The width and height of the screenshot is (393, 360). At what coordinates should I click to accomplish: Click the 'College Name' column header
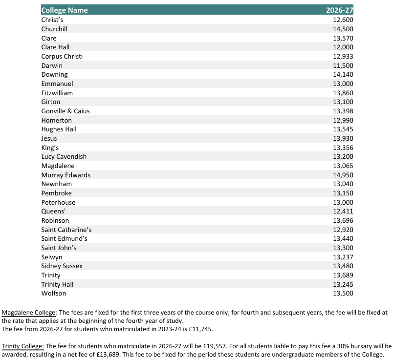click(65, 10)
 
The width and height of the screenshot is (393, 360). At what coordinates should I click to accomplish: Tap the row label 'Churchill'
click(54, 29)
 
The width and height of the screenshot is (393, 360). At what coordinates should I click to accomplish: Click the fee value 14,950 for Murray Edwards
click(343, 175)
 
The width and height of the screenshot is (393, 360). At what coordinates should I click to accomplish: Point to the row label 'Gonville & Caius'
click(65, 111)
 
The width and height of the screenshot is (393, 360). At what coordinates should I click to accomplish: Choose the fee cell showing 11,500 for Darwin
click(343, 65)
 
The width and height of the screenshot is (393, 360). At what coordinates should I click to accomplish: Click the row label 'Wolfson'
click(54, 293)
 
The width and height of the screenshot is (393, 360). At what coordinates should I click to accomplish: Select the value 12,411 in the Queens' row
click(343, 211)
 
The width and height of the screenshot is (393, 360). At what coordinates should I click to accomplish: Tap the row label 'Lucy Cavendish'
click(64, 156)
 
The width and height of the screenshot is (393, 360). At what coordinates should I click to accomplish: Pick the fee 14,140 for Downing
click(343, 74)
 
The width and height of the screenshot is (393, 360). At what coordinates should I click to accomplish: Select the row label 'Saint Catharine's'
click(66, 229)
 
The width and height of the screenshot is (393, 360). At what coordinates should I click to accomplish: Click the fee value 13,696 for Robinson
click(343, 220)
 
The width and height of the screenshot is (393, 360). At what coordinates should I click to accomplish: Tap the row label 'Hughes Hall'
click(59, 129)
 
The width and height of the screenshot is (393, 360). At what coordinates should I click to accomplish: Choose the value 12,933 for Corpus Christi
click(343, 56)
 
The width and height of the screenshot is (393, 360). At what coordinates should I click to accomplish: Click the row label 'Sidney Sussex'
click(62, 266)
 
